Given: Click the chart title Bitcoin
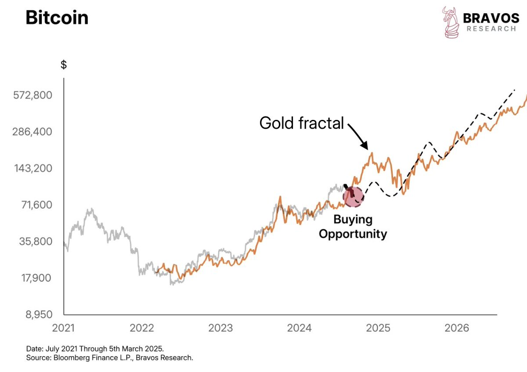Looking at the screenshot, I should [57, 18].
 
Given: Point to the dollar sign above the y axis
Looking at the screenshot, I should [64, 65].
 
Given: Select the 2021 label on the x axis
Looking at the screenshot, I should [64, 328].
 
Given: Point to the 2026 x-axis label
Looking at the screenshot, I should [457, 328].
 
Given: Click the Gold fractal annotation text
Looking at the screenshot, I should [302, 123].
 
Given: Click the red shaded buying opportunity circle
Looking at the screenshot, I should [353, 196].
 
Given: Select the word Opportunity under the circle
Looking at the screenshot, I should [353, 234].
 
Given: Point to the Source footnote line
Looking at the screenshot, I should [109, 358].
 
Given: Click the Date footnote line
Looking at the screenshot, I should [95, 349].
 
